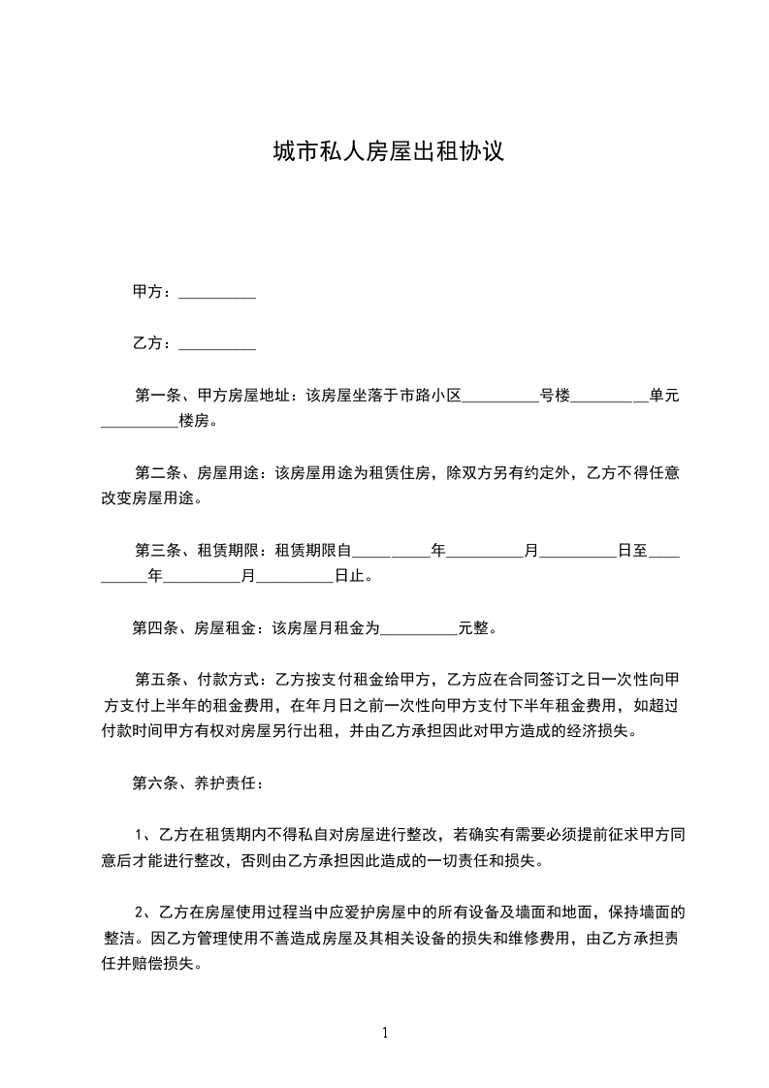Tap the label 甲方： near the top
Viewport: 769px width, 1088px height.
[153, 292]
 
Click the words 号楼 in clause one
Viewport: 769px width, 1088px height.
[555, 396]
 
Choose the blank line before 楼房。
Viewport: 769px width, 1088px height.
[140, 422]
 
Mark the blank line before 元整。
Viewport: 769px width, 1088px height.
[419, 628]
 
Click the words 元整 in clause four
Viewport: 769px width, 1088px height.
[473, 628]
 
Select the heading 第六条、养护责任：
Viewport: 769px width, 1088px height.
[197, 783]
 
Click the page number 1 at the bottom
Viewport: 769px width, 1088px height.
[385, 1034]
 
